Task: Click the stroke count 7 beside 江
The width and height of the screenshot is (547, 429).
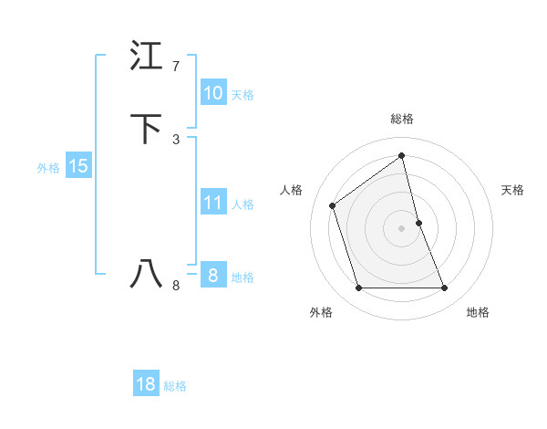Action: click(x=176, y=67)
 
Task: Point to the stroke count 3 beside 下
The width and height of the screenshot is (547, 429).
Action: click(x=176, y=139)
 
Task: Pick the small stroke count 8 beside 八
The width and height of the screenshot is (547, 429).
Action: click(x=176, y=286)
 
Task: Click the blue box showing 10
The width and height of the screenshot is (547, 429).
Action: click(x=212, y=93)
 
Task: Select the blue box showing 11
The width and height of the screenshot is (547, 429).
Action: click(x=212, y=203)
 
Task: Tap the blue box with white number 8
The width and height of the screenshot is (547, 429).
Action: click(x=212, y=276)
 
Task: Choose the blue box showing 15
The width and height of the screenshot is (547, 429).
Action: click(x=77, y=166)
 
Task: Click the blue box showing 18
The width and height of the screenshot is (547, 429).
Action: click(x=146, y=384)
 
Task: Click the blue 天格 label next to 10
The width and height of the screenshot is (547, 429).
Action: click(x=243, y=94)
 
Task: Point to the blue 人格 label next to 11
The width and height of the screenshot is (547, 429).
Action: click(x=243, y=204)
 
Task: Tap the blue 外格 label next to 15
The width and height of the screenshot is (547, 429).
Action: click(x=48, y=168)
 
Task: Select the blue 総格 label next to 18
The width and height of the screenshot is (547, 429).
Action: click(x=175, y=386)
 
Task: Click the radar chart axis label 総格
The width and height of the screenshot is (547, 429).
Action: click(x=402, y=119)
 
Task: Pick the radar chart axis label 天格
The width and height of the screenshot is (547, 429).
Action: click(x=513, y=190)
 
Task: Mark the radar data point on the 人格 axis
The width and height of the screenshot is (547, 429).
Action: click(x=333, y=205)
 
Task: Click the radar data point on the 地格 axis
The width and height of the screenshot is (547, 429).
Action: click(x=445, y=288)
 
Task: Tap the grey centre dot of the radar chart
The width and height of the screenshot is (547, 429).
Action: click(x=402, y=228)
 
